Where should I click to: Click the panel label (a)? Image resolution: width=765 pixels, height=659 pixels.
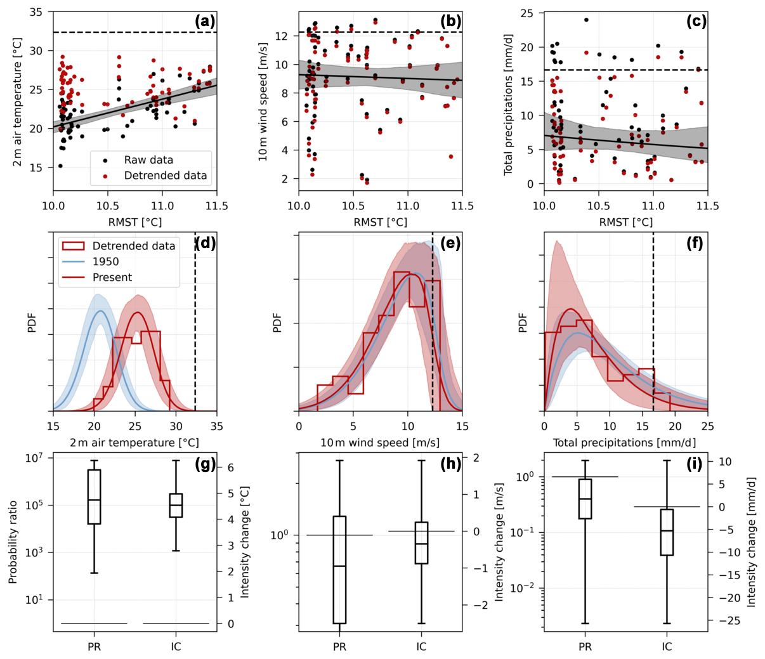[x=205, y=21]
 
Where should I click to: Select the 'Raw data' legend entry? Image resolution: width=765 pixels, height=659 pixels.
[x=148, y=160]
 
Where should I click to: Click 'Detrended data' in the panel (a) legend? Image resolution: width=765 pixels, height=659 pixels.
[x=165, y=176]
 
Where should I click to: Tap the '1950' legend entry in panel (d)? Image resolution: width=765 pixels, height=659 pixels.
[x=105, y=261]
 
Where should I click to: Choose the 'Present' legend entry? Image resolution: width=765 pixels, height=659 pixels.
[x=112, y=277]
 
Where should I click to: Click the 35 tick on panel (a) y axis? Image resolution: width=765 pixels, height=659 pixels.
[x=36, y=12]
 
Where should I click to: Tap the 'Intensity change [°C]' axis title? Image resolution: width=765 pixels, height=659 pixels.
[x=245, y=542]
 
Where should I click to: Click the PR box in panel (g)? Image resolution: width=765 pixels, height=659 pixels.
[x=94, y=497]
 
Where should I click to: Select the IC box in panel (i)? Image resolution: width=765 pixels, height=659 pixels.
[x=667, y=532]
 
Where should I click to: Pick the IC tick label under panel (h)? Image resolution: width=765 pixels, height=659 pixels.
[x=421, y=647]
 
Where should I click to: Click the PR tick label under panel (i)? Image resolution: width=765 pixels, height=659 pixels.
[x=585, y=647]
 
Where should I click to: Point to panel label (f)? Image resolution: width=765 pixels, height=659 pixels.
[x=696, y=243]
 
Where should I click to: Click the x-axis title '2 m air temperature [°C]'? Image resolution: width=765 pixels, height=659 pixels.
[x=134, y=443]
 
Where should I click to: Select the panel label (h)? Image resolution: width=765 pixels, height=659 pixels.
[x=450, y=464]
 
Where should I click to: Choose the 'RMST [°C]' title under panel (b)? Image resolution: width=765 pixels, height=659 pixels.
[x=381, y=222]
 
